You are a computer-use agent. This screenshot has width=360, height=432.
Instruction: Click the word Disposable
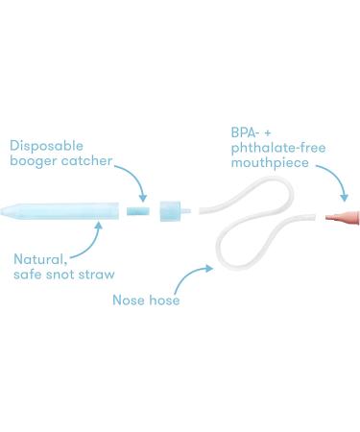click(45, 146)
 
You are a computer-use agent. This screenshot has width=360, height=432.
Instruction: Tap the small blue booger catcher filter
click(138, 206)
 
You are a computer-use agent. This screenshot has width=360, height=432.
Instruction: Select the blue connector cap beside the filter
click(170, 207)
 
